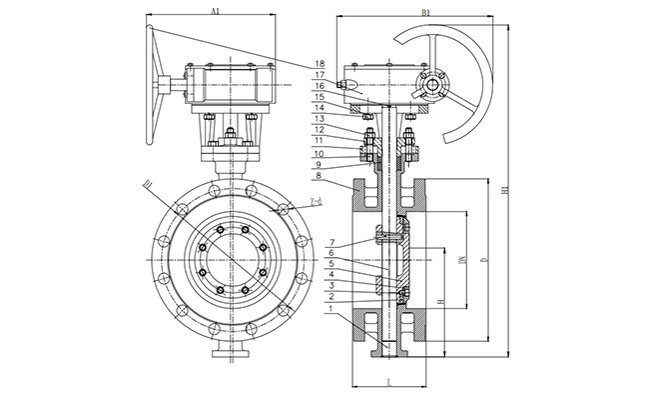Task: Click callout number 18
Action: [x=320, y=63]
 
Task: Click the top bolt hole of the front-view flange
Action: [x=231, y=182]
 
